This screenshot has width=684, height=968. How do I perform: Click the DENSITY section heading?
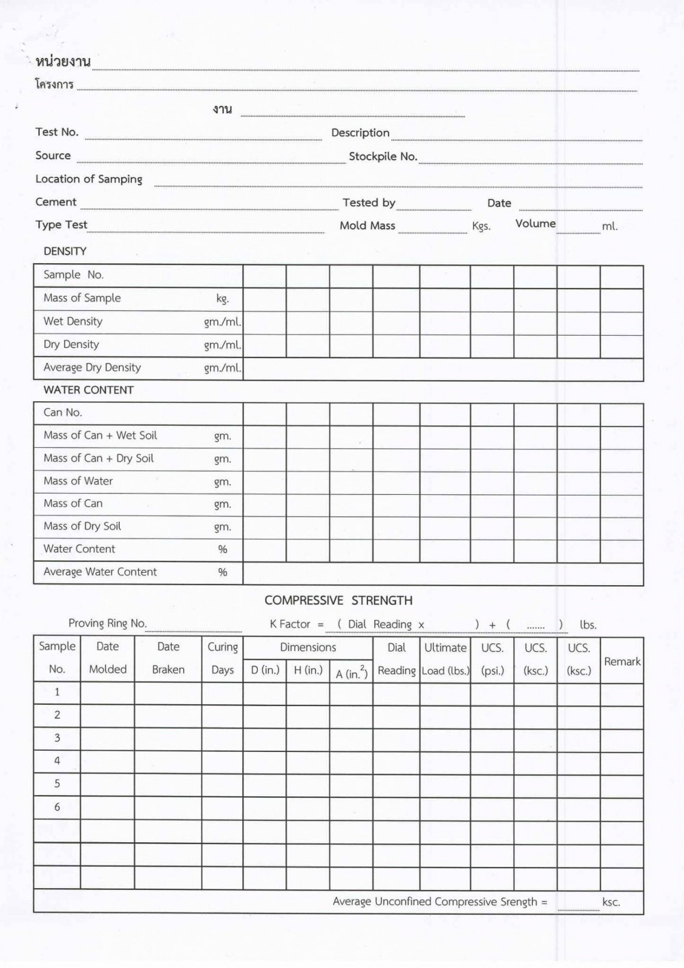(x=65, y=251)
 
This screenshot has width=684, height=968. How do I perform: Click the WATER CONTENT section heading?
(x=88, y=390)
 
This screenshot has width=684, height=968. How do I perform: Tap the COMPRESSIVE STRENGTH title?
(x=339, y=600)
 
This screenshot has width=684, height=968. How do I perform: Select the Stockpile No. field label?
(x=382, y=157)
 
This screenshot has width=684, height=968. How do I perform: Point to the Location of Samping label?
(x=89, y=179)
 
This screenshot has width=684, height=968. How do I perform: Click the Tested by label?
(x=369, y=202)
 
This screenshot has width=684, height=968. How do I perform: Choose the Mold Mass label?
(x=367, y=226)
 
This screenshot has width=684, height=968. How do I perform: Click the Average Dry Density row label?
(x=92, y=367)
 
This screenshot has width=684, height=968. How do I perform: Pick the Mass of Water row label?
(x=78, y=481)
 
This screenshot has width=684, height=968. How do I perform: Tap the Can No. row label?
(x=62, y=412)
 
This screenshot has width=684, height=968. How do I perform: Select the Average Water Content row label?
(x=100, y=572)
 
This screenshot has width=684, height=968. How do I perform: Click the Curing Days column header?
(x=222, y=658)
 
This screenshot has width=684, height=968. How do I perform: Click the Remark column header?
(x=622, y=661)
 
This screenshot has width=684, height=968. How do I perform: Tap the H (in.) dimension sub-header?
(x=308, y=670)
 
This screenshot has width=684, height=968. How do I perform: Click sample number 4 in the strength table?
(x=57, y=760)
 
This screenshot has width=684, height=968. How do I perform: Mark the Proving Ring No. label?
(x=107, y=623)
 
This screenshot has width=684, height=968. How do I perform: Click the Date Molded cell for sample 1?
(x=107, y=693)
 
